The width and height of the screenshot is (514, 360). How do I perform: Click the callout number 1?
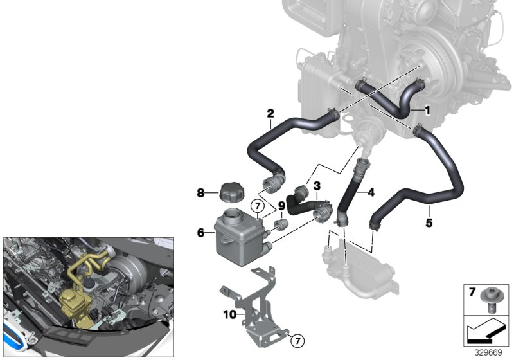(427, 111)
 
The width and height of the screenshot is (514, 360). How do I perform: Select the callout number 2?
(270, 113)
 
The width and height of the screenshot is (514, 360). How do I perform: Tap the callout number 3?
(317, 186)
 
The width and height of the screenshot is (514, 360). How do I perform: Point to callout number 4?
(371, 192)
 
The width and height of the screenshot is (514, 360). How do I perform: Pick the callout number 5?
(429, 223)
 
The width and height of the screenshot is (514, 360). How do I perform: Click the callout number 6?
(200, 233)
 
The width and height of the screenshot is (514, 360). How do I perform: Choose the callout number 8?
(200, 193)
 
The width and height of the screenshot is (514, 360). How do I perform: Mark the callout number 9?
(281, 206)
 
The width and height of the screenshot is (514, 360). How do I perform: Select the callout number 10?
(229, 314)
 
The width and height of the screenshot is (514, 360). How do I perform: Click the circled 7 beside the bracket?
(297, 341)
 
